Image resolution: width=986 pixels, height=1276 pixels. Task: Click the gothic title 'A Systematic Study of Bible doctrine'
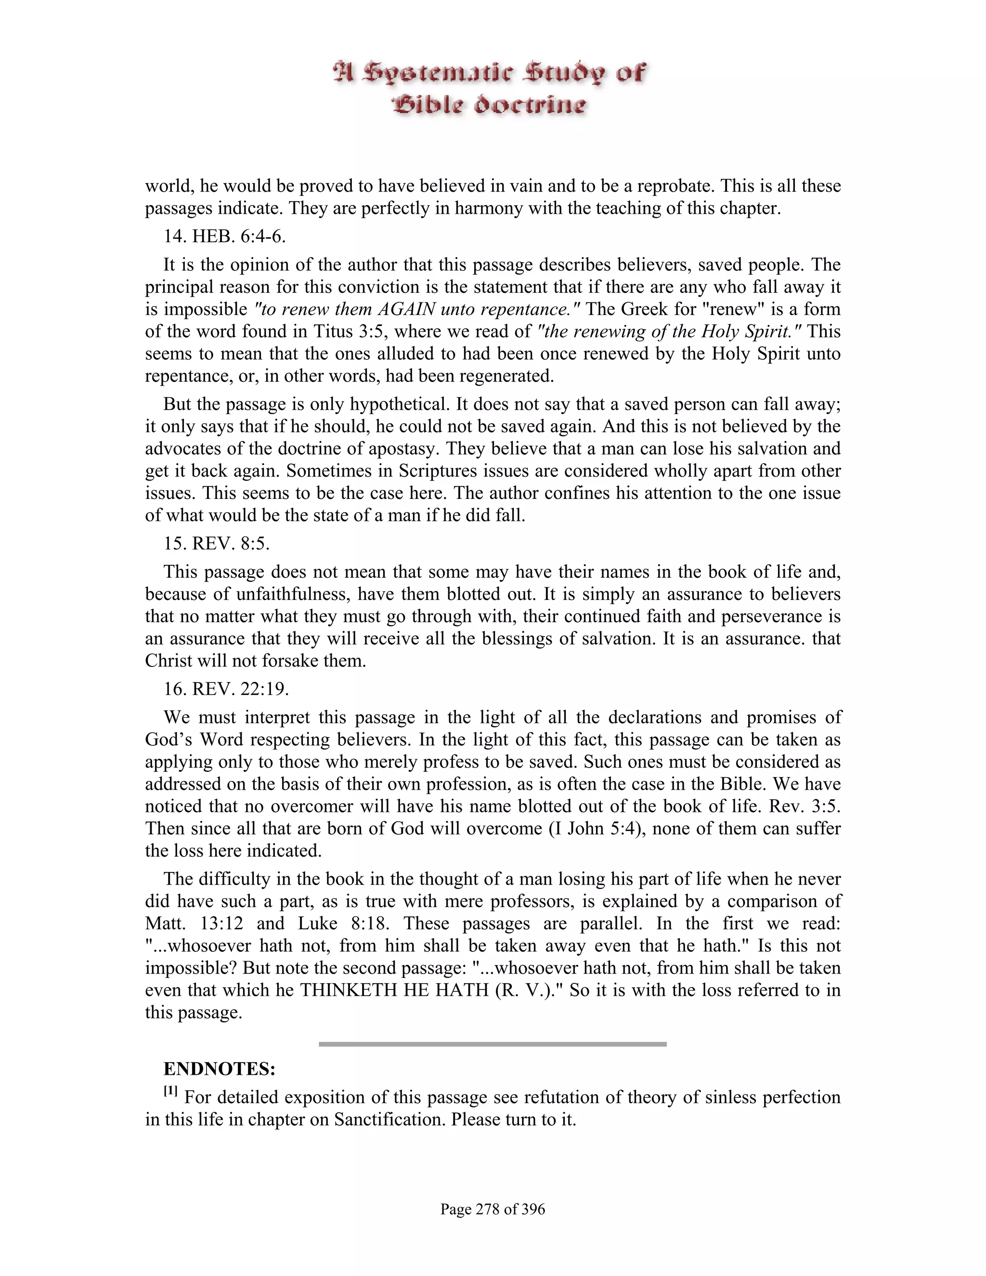(x=490, y=89)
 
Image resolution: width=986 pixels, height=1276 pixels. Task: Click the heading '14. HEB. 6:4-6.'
(x=224, y=236)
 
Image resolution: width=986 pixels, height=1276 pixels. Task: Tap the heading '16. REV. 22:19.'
(x=226, y=689)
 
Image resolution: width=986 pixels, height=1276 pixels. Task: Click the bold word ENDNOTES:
(x=219, y=1069)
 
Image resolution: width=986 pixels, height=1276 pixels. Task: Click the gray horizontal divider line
(x=493, y=1044)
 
